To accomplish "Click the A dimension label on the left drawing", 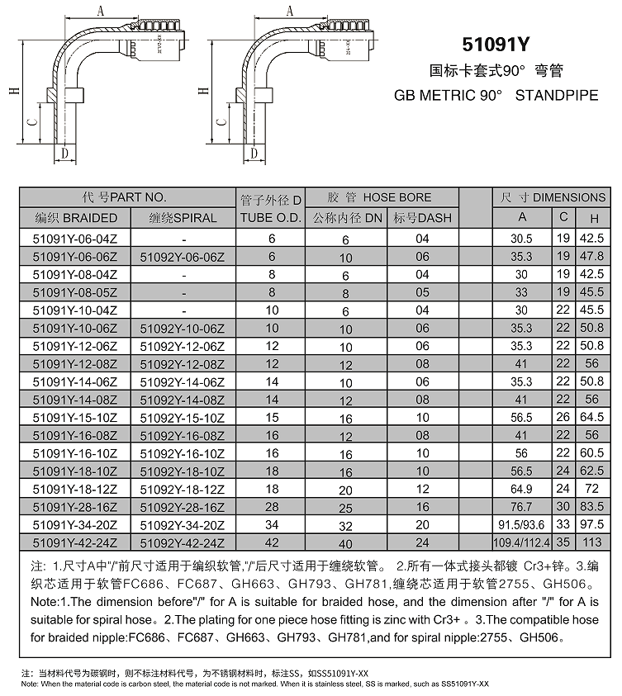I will pos(100,11).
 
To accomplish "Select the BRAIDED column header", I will pos(76,218).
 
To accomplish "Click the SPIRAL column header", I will pos(183,218).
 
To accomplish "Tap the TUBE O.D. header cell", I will pos(271,218).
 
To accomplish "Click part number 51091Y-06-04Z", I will pos(76,238).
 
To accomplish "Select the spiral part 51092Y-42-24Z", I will pos(183,542).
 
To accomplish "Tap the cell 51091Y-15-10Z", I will pos(76,419).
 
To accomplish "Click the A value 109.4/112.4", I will pos(521,542).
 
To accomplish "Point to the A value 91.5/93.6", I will pos(521,524).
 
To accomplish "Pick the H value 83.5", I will pos(591,506).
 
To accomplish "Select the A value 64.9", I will pos(521,488).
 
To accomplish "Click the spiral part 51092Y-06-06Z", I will pos(183,256).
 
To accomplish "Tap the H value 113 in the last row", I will pos(591,542).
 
